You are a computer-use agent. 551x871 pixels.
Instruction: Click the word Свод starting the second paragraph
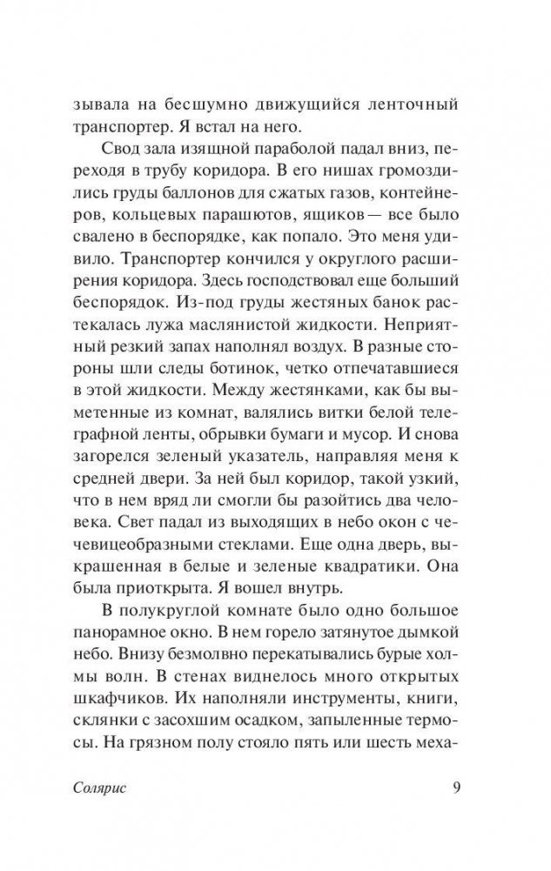point(120,144)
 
